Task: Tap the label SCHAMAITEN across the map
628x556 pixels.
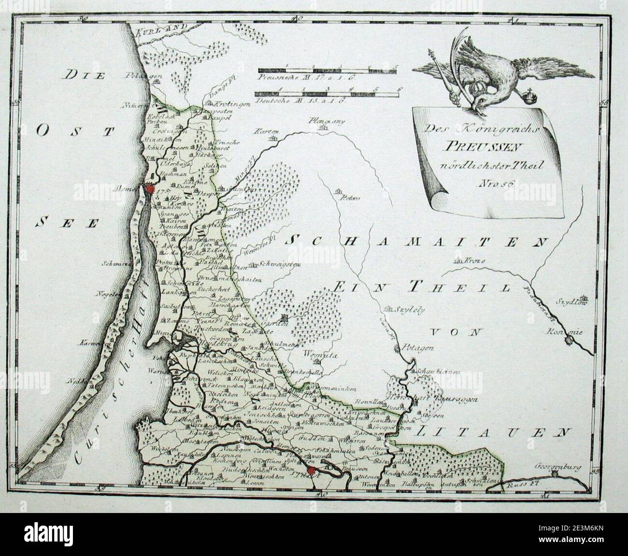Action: click(417, 240)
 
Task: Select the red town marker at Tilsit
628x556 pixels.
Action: click(312, 470)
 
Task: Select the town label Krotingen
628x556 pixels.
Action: click(223, 104)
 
